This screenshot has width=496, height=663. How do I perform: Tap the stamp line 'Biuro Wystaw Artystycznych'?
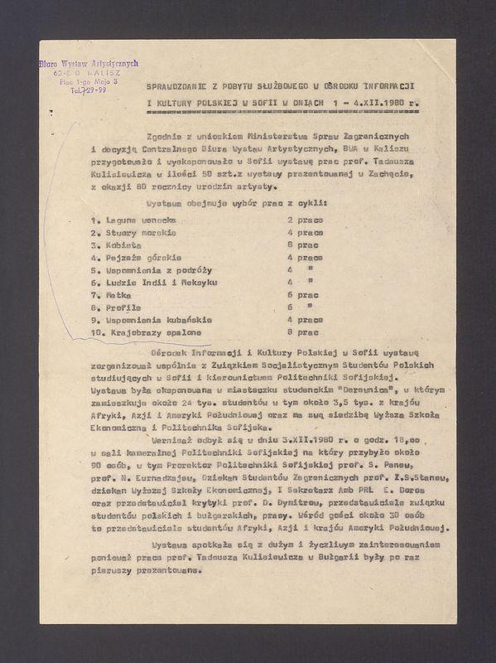tap(88, 63)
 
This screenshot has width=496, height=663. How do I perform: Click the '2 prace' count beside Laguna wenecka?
tap(305, 220)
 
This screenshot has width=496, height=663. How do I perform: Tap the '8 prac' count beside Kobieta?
tap(302, 245)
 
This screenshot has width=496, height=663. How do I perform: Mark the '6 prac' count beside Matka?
tap(302, 294)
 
